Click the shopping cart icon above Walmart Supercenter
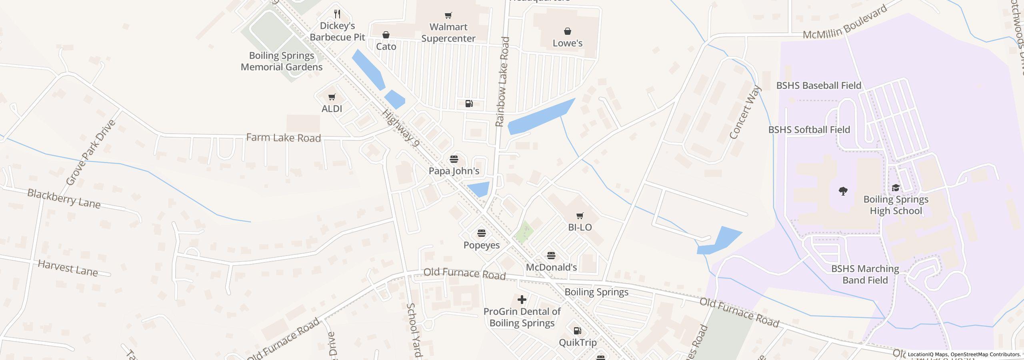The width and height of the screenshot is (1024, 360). [x=448, y=16]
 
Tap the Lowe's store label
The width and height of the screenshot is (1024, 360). [x=567, y=43]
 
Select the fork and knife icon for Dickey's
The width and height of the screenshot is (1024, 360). [x=337, y=14]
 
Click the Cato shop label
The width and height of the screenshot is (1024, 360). [x=386, y=47]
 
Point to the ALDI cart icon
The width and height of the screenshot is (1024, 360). [x=332, y=97]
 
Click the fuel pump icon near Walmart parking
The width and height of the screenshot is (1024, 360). [x=469, y=104]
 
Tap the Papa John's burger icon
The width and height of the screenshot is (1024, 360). [x=454, y=159]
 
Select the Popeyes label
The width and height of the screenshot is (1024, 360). [x=481, y=245]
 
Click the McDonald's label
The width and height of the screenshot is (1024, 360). [x=551, y=267]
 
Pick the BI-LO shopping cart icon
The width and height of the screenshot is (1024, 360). [x=580, y=216]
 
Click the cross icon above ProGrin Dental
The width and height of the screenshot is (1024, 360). [x=522, y=300]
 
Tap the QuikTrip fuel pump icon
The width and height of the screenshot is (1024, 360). [x=577, y=331]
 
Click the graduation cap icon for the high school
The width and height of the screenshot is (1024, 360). [x=895, y=188]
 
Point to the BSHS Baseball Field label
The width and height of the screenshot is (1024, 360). [x=818, y=86]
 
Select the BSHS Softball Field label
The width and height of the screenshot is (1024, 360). [x=809, y=130]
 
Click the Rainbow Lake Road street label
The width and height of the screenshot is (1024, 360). [x=502, y=82]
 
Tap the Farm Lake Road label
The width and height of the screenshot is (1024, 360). [x=283, y=138]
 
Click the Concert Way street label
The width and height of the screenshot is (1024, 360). [x=745, y=113]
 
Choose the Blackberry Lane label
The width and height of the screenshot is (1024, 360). [x=64, y=199]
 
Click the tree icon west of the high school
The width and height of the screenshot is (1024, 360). [x=843, y=191]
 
